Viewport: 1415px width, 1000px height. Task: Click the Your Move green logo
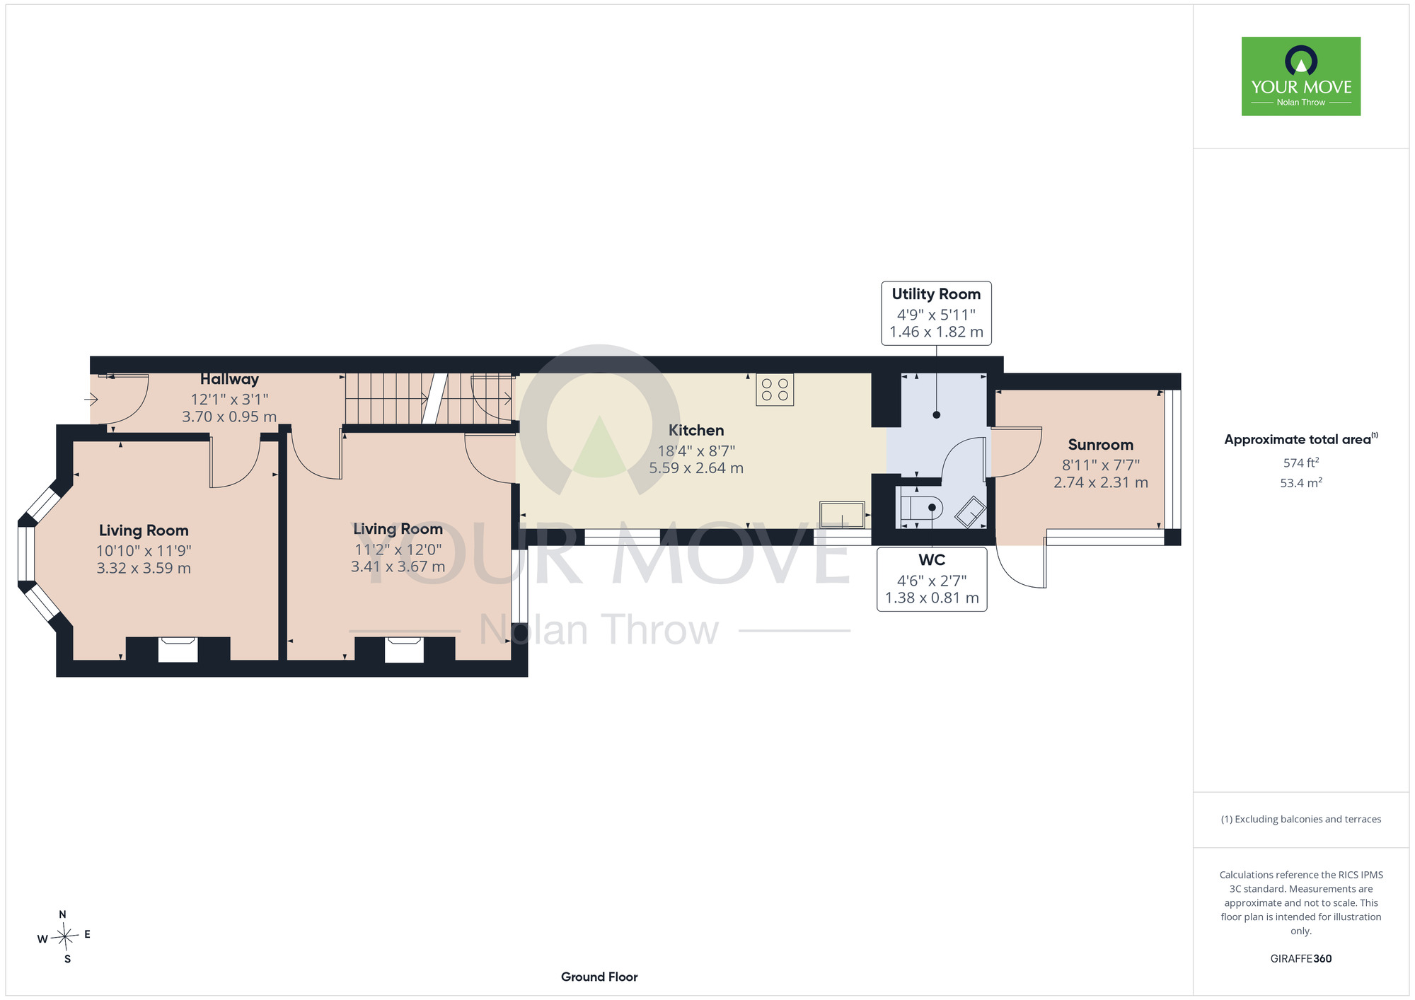[1300, 76]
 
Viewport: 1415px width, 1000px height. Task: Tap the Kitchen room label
[696, 430]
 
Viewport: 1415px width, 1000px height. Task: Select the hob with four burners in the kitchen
[775, 390]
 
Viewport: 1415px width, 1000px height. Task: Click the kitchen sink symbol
[842, 514]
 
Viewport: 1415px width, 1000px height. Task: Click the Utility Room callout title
[936, 294]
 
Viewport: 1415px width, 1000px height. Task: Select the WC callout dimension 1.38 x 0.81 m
[932, 598]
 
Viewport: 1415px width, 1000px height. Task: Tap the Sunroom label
[1100, 445]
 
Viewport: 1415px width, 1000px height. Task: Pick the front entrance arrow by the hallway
[91, 400]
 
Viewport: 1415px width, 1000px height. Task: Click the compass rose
[64, 937]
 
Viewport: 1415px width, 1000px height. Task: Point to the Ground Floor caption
[599, 977]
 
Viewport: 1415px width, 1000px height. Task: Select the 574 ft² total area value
[1301, 463]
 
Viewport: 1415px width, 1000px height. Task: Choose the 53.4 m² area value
[1301, 483]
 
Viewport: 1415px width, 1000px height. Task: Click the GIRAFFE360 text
[1301, 959]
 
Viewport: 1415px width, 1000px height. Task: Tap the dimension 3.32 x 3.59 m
[144, 568]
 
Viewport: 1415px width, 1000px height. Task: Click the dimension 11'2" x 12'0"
[398, 550]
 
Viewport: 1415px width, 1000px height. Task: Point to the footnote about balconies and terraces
[1301, 819]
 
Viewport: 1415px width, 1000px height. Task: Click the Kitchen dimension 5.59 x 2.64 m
[696, 467]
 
